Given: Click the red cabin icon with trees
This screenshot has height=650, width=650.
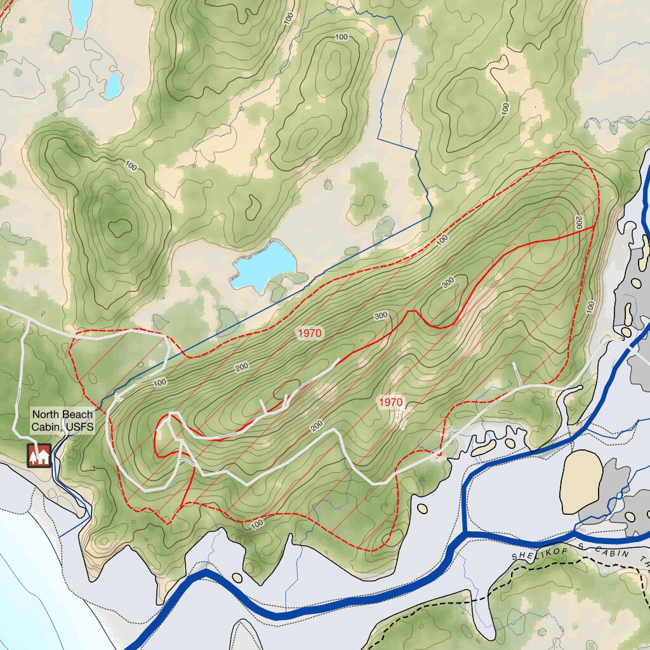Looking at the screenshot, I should tap(39, 455).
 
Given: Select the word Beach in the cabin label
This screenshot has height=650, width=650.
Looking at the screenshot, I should tap(78, 415).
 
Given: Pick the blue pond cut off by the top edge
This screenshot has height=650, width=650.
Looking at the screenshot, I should tap(81, 13).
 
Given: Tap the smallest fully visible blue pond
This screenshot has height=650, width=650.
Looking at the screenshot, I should tap(114, 86).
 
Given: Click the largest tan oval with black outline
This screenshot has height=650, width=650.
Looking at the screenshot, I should tap(581, 482).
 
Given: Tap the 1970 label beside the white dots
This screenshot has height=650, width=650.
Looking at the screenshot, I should tap(390, 402).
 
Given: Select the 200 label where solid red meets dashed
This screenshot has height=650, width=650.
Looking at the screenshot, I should tap(578, 223).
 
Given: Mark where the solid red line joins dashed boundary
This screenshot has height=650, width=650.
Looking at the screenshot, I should tap(594, 226).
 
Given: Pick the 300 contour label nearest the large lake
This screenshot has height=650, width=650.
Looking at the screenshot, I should tap(380, 315).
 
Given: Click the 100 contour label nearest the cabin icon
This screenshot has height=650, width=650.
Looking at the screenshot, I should tap(160, 382).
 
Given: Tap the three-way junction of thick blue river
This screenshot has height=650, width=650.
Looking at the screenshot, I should tap(465, 532).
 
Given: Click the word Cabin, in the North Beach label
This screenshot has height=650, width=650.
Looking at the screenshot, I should tap(46, 427).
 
